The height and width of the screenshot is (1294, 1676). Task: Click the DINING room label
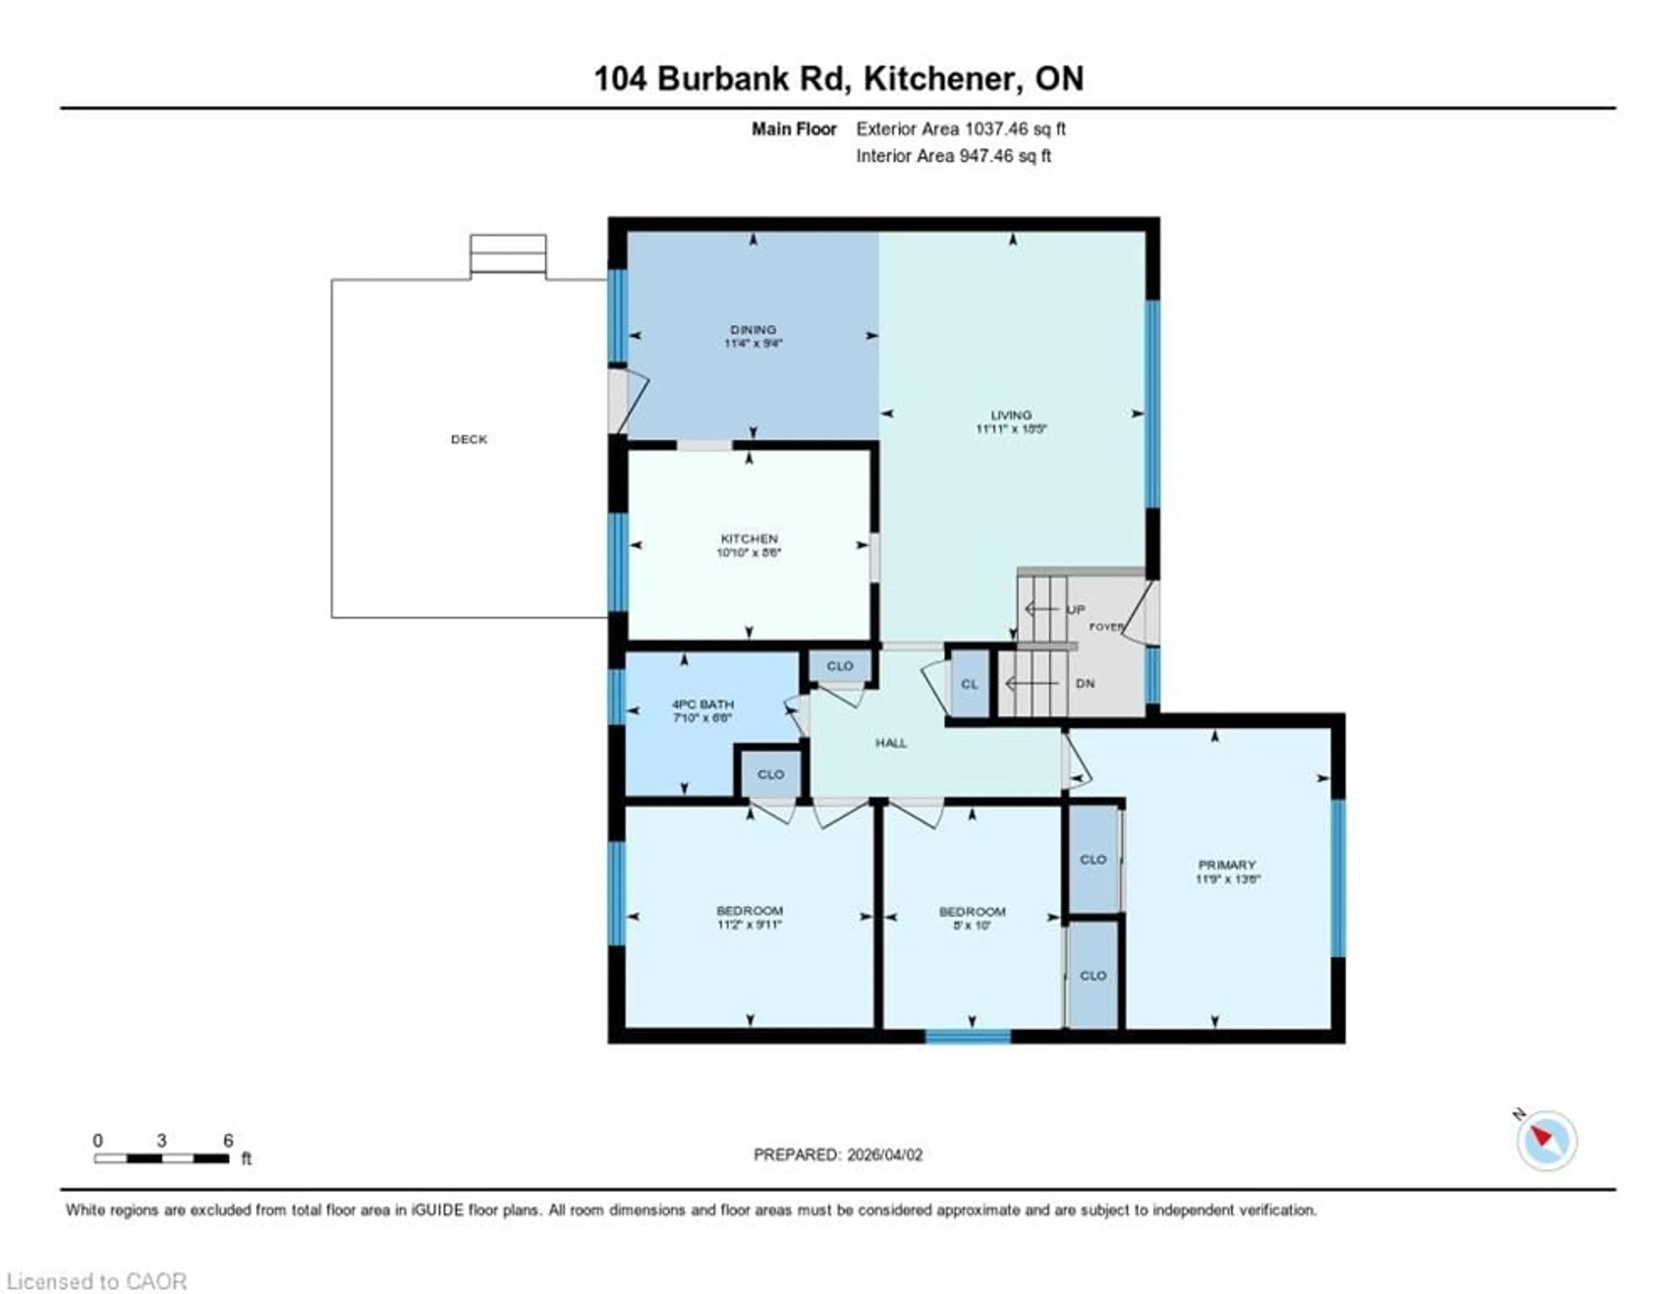(x=753, y=330)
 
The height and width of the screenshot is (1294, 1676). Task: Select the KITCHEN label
(x=749, y=539)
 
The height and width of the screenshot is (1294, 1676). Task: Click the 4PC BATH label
(x=703, y=704)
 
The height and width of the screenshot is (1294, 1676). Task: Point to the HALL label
(x=891, y=742)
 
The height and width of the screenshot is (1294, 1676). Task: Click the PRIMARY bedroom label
(x=1226, y=864)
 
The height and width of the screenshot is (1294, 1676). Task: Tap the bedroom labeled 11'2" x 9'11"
(x=749, y=917)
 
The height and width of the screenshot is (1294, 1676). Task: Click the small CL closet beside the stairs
(x=969, y=683)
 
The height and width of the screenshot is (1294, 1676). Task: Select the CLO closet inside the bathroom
(x=770, y=774)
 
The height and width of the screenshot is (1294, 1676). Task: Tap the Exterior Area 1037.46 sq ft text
(x=961, y=129)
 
